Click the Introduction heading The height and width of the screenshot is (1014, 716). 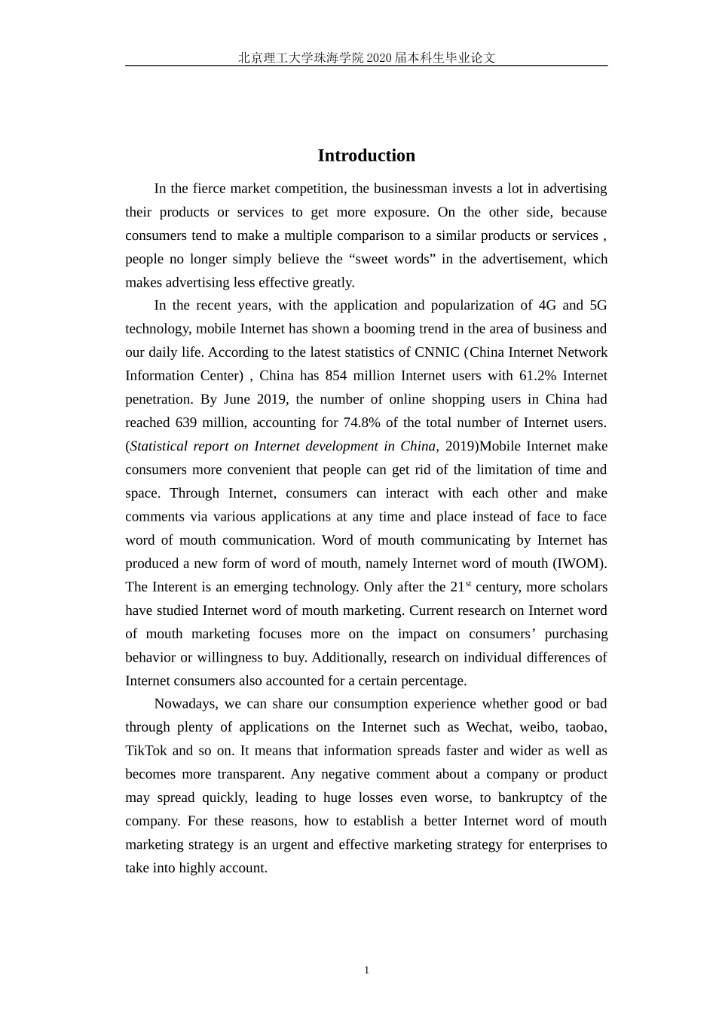(x=366, y=155)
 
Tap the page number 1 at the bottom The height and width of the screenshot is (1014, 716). (x=366, y=970)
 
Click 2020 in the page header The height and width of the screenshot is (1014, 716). (x=379, y=57)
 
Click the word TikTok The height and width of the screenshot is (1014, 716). (x=146, y=751)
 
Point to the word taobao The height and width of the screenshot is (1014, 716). (x=585, y=727)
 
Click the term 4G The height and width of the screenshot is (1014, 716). (x=546, y=306)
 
